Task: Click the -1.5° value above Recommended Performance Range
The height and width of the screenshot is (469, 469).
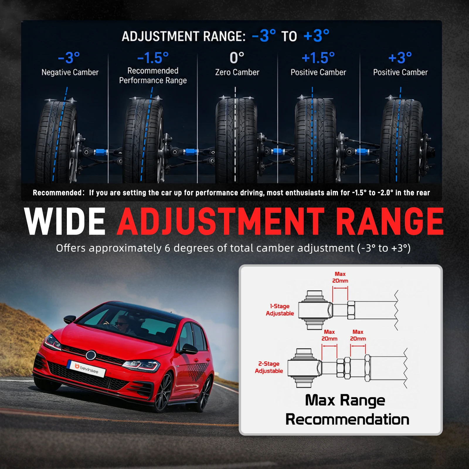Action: pos(153,58)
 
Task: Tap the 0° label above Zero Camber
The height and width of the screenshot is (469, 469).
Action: pos(237,58)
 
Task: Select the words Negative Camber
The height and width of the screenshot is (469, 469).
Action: pos(70,72)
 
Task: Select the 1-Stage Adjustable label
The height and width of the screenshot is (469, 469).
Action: pos(280,310)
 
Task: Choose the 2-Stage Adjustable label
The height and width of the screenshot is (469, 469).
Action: pos(269,367)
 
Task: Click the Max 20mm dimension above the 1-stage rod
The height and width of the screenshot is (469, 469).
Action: pos(340,277)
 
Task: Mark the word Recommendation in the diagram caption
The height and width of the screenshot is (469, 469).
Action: pos(347,419)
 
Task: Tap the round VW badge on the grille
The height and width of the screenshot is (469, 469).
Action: pos(91,355)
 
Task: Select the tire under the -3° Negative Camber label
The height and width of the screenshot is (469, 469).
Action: pos(56,141)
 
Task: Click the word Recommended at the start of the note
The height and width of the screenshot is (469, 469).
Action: pos(57,193)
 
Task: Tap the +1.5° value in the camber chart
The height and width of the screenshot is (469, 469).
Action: pos(318,58)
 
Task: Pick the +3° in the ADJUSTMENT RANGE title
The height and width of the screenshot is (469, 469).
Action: pos(317,36)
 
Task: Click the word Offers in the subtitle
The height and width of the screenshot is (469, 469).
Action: pos(71,248)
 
